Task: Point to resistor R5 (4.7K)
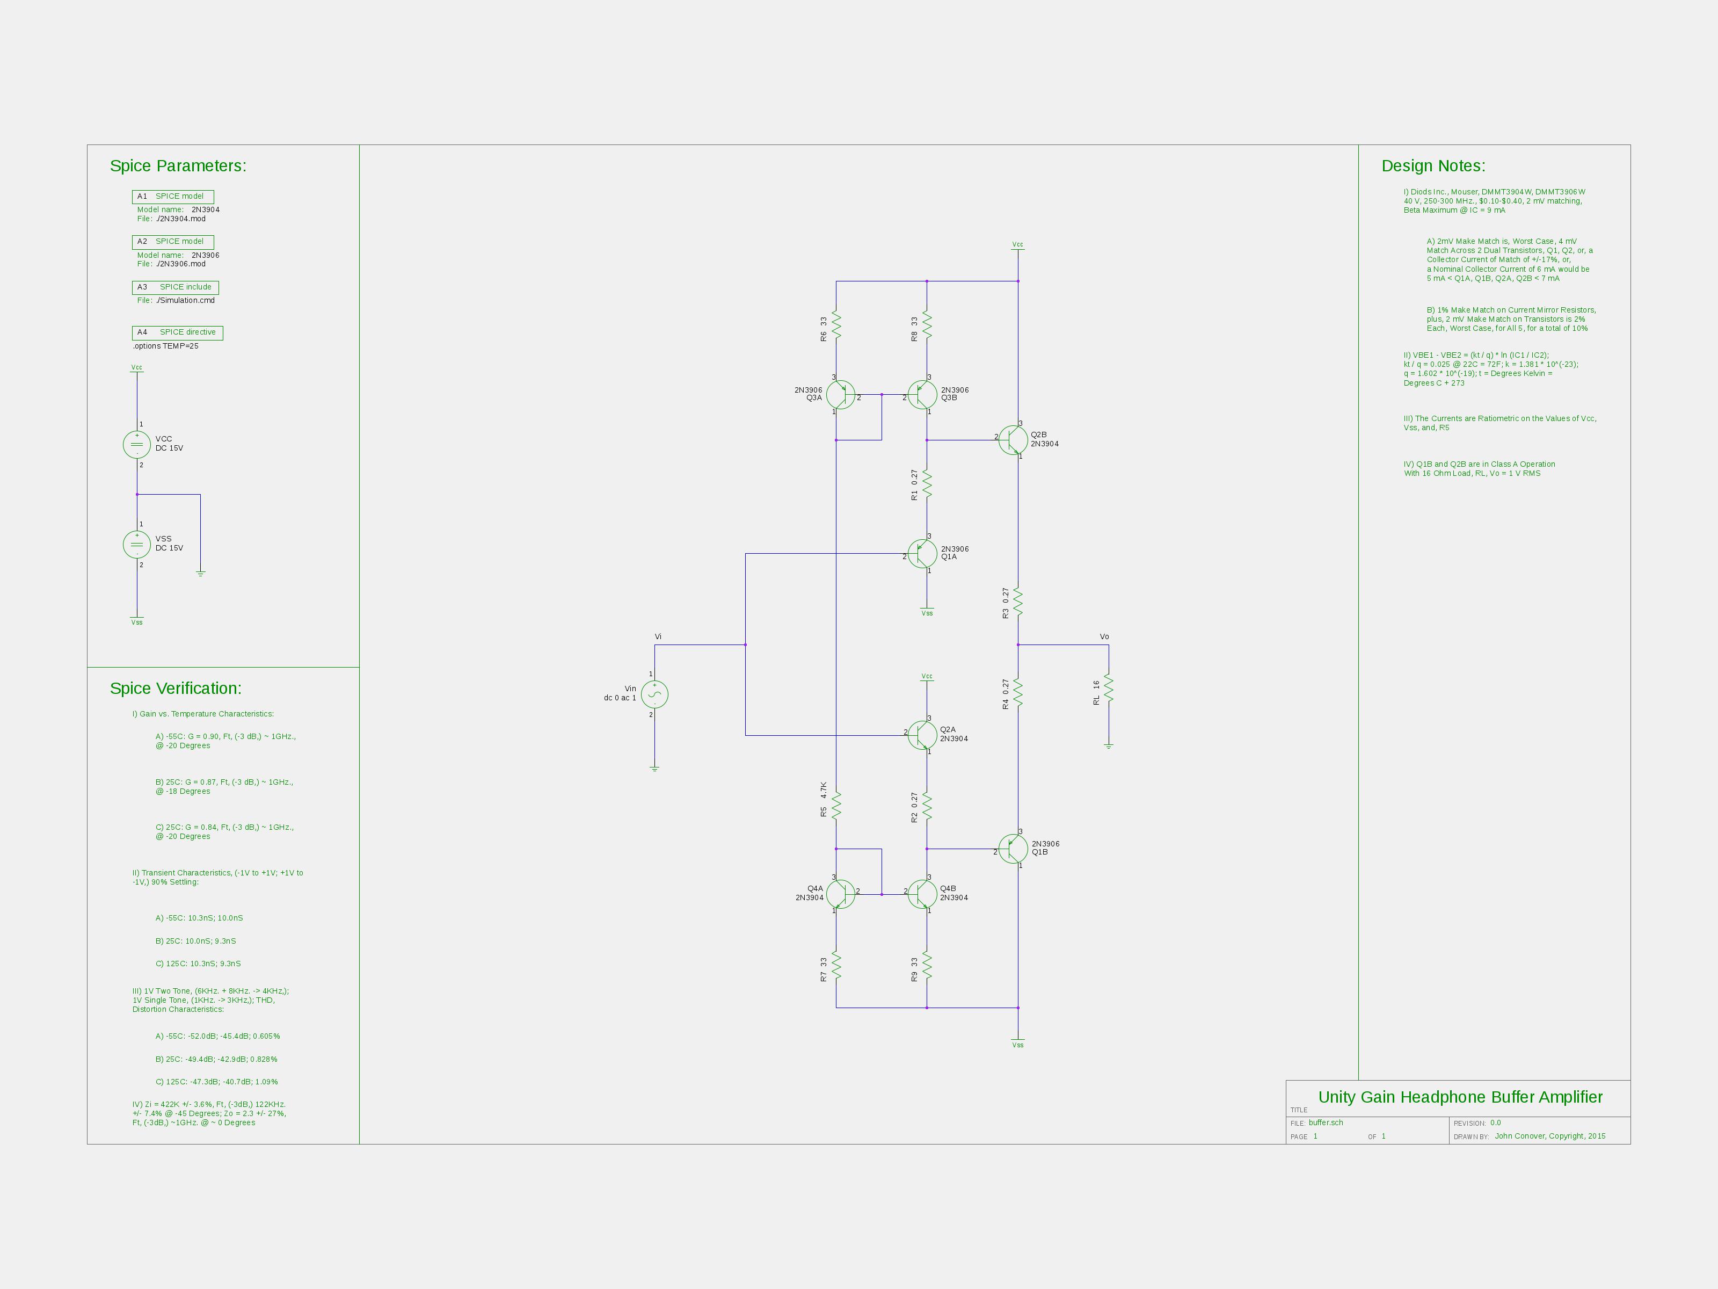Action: pyautogui.click(x=836, y=806)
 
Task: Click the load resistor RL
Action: pyautogui.click(x=1108, y=689)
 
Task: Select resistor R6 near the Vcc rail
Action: pyautogui.click(x=836, y=325)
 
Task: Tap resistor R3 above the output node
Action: pyautogui.click(x=1018, y=602)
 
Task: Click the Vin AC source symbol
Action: pyautogui.click(x=655, y=694)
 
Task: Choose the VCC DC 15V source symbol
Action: pyautogui.click(x=137, y=444)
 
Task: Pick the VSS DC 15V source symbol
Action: pyautogui.click(x=137, y=544)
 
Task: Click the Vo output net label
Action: pyautogui.click(x=1104, y=636)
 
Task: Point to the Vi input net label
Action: pyautogui.click(x=658, y=636)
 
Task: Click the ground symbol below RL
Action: pyautogui.click(x=1108, y=746)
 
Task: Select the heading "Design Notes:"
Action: pyautogui.click(x=1433, y=165)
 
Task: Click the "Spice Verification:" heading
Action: pyautogui.click(x=176, y=689)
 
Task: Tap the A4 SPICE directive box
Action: pyautogui.click(x=178, y=332)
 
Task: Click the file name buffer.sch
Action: pyautogui.click(x=1326, y=1123)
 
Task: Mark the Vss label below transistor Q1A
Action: pyautogui.click(x=927, y=613)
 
